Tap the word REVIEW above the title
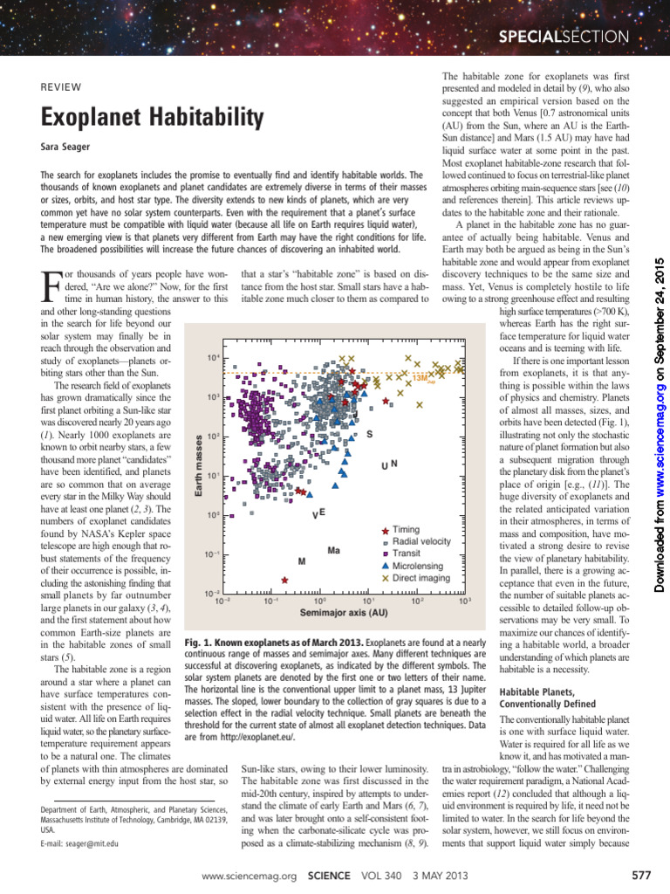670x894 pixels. click(x=61, y=86)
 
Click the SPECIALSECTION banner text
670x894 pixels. click(x=563, y=36)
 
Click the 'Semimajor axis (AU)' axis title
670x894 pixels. click(x=344, y=613)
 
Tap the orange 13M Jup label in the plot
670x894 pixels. click(x=421, y=378)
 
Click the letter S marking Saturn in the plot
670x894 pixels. click(x=369, y=434)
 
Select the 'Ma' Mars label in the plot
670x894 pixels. click(x=333, y=551)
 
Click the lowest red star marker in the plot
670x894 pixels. click(x=284, y=580)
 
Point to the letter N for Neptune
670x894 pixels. click(x=394, y=464)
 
